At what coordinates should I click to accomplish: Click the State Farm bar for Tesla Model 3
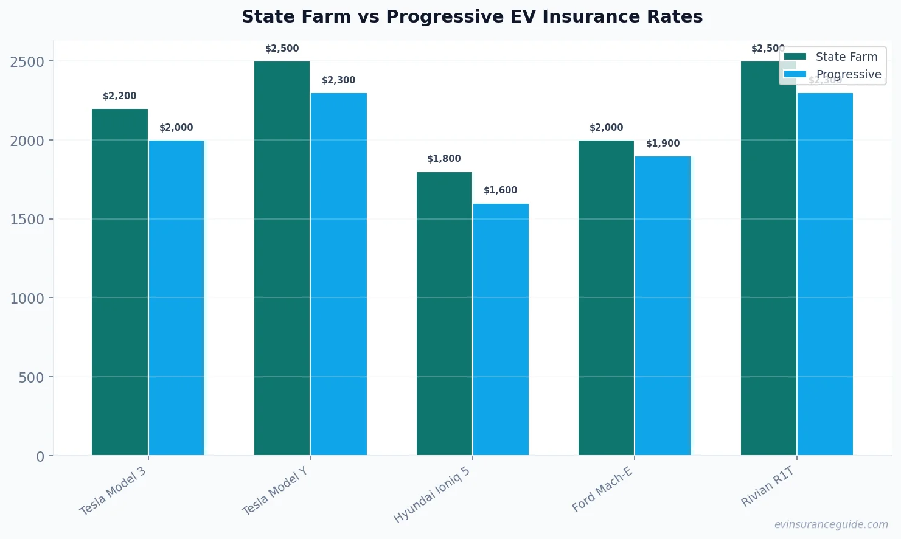[x=120, y=282]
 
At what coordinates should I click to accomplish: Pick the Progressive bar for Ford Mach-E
[x=663, y=305]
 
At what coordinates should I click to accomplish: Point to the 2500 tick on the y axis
[x=27, y=61]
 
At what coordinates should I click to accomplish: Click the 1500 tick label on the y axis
[x=27, y=220]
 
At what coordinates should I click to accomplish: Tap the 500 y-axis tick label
[x=31, y=377]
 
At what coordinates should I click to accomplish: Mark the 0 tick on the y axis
[x=40, y=456]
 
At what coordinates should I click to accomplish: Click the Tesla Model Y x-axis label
[x=275, y=491]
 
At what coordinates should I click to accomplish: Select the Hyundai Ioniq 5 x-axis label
[x=432, y=495]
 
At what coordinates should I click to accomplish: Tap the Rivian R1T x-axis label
[x=768, y=486]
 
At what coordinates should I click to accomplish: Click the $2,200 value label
[x=120, y=96]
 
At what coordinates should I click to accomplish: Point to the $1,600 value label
[x=501, y=190]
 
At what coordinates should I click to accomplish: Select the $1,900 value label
[x=663, y=144]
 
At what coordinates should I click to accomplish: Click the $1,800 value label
[x=444, y=159]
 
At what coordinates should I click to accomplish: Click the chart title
[x=472, y=17]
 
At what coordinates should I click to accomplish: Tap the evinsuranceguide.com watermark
[x=831, y=524]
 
